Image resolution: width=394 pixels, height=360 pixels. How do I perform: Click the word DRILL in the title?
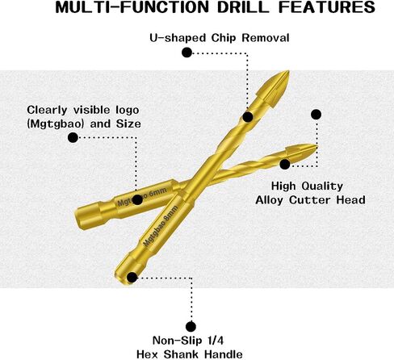pyautogui.click(x=243, y=7)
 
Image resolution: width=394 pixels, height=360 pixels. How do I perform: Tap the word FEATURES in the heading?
pyautogui.click(x=327, y=7)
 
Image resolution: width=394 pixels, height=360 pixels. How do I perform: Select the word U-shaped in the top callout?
pyautogui.click(x=178, y=38)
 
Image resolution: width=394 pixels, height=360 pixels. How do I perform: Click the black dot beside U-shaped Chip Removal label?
pyautogui.click(x=187, y=52)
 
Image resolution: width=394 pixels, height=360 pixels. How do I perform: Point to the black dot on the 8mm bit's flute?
pyautogui.click(x=248, y=117)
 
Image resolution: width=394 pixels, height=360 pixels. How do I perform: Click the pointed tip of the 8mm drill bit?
pyautogui.click(x=288, y=71)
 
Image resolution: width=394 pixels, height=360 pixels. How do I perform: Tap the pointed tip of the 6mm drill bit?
pyautogui.click(x=317, y=146)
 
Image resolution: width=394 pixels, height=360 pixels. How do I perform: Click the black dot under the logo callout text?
pyautogui.click(x=73, y=138)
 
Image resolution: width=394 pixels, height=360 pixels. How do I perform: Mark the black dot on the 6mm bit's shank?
pyautogui.click(x=137, y=199)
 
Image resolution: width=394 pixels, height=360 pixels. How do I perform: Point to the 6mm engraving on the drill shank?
pyautogui.click(x=157, y=193)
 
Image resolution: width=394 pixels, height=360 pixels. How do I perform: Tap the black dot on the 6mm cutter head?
pyautogui.click(x=285, y=164)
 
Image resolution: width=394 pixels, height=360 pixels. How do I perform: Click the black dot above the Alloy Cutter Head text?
pyautogui.click(x=316, y=115)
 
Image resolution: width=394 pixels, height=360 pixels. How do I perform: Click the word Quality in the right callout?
pyautogui.click(x=322, y=186)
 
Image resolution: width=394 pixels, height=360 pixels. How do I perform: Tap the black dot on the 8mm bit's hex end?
pyautogui.click(x=132, y=278)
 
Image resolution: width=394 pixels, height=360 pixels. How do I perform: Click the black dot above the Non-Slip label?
pyautogui.click(x=191, y=327)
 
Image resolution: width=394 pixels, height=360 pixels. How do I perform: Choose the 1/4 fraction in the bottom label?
pyautogui.click(x=216, y=341)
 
